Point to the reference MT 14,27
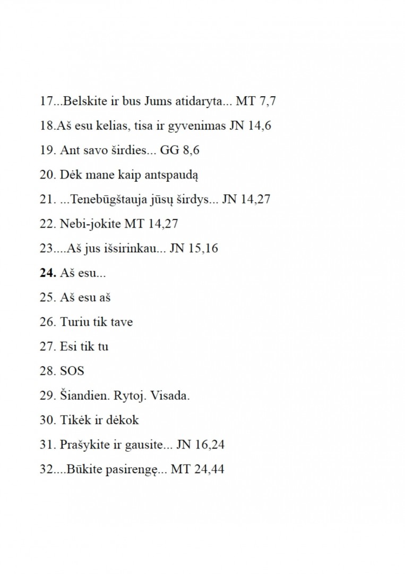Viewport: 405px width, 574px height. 151,224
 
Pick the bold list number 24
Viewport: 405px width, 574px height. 47,273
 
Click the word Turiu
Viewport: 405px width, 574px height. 74,322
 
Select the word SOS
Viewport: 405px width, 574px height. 72,370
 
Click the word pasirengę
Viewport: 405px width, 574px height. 129,469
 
